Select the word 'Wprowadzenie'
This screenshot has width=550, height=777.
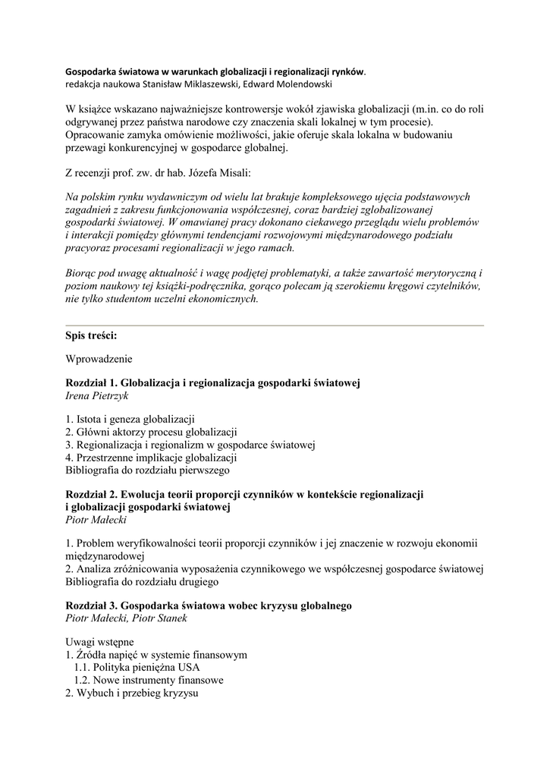99,359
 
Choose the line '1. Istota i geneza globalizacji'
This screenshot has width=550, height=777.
130,419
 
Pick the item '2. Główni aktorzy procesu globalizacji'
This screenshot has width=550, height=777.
152,432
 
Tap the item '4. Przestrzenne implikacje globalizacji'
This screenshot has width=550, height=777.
152,458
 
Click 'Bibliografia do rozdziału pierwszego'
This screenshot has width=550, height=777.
147,470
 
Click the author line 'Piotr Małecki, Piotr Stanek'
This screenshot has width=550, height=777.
126,618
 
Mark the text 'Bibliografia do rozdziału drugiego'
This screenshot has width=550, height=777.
142,582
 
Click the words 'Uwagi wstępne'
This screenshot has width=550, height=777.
100,642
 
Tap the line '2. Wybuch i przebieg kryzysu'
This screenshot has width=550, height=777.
131,694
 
